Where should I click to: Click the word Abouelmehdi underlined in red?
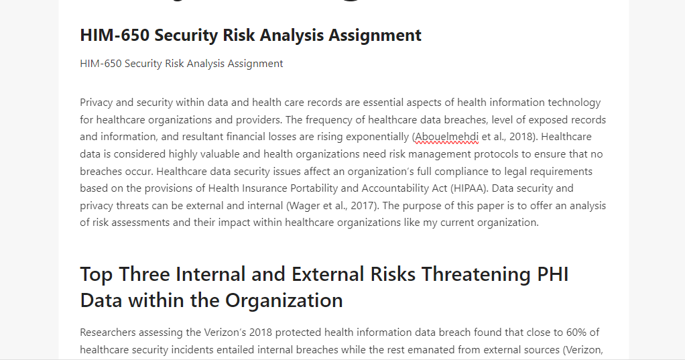(446, 137)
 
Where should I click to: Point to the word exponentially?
(377, 137)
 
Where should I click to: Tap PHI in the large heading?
(552, 274)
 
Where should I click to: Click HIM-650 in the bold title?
(115, 36)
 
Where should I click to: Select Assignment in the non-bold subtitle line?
(255, 64)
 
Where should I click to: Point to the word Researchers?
(107, 333)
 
